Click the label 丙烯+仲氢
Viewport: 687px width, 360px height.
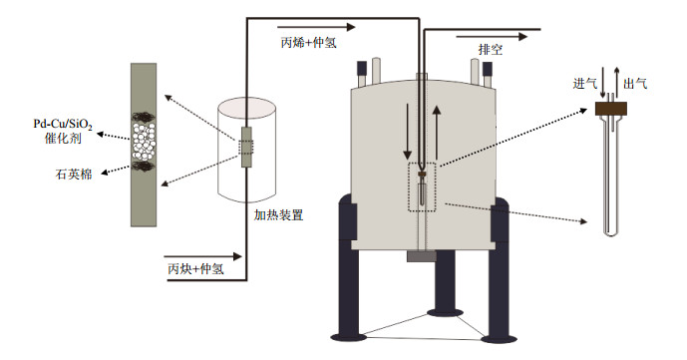coord(309,43)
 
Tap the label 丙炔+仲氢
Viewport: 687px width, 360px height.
coord(195,268)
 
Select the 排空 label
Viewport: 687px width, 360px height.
coord(491,50)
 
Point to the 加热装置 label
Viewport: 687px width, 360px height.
coord(278,215)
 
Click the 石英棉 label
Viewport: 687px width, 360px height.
coord(74,174)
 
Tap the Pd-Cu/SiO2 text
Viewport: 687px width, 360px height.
coord(63,124)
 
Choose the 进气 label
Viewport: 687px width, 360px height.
coord(585,83)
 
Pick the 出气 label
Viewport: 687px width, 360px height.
coord(635,83)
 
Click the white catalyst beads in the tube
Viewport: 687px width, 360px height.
coord(144,142)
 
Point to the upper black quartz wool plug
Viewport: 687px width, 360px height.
coord(144,117)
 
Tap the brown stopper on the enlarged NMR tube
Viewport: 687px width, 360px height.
coord(611,109)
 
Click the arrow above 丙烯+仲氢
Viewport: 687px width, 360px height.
coord(316,27)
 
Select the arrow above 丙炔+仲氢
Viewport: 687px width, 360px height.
coord(202,256)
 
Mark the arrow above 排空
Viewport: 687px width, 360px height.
coord(492,37)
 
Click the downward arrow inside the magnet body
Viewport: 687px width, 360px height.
coord(408,132)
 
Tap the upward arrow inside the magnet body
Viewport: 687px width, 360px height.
coord(437,132)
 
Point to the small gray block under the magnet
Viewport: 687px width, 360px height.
coord(422,256)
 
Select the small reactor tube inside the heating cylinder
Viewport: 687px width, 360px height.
coord(246,148)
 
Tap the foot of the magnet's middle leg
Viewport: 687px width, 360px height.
coord(445,312)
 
